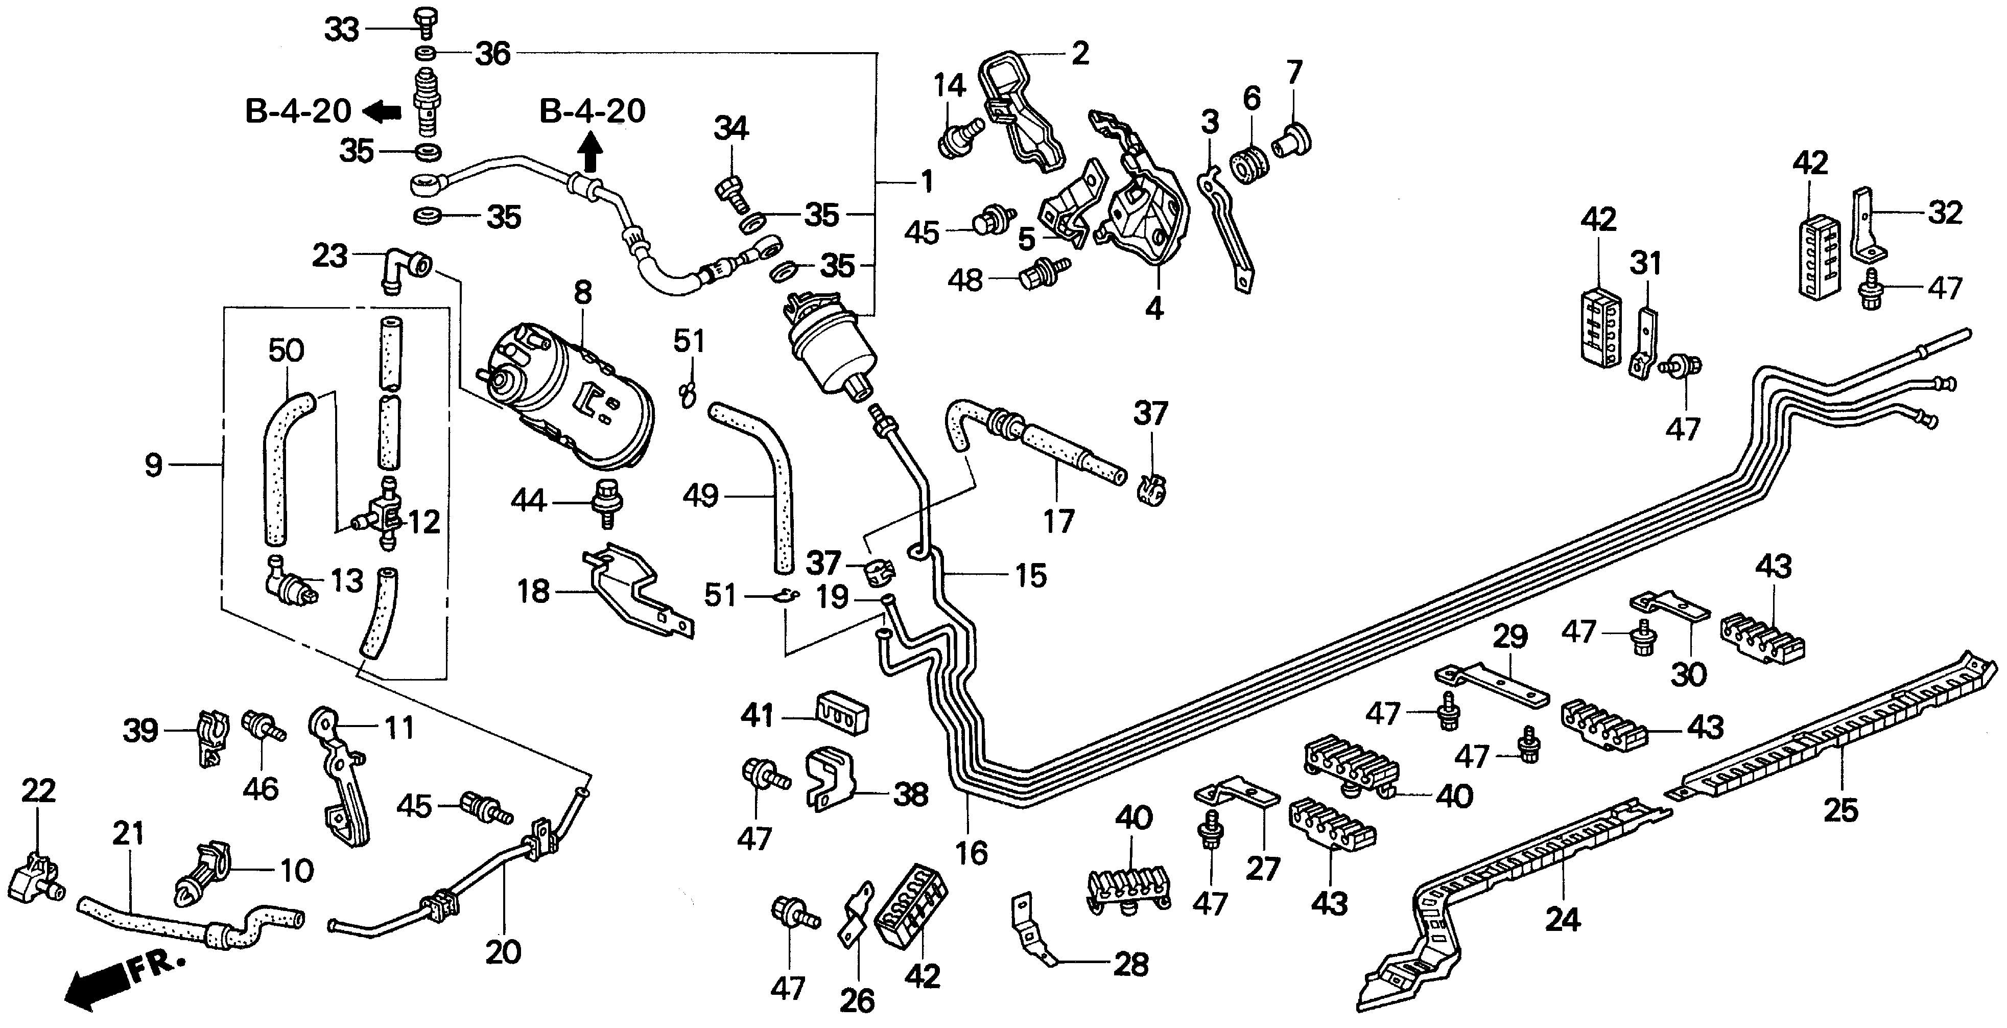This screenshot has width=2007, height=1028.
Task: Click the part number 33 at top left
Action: coord(341,30)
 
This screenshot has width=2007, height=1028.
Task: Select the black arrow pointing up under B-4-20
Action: coord(592,151)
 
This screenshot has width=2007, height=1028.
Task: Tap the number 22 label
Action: coord(38,790)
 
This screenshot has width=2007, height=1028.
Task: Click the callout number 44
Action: coord(528,500)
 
